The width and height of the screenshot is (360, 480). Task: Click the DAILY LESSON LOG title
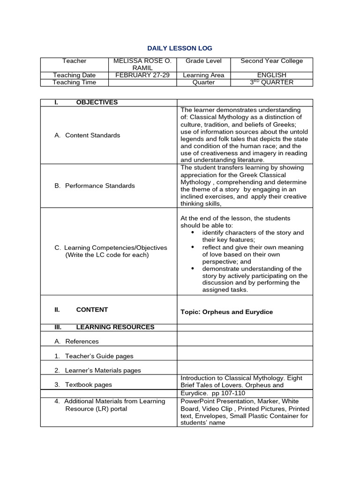[x=180, y=48]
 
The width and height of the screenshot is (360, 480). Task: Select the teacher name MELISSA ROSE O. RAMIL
[x=142, y=64]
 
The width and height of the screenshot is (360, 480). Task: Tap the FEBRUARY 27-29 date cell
[x=142, y=75]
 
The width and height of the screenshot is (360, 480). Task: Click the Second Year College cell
[x=271, y=61]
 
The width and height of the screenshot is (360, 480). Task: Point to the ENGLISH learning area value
[x=271, y=75]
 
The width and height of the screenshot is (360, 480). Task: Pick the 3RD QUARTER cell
[x=271, y=82]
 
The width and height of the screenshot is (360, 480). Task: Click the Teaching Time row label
[x=74, y=82]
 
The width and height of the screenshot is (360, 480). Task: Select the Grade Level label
[x=203, y=61]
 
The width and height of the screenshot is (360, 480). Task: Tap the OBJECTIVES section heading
[x=97, y=103]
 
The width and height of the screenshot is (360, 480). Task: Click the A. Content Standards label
[x=87, y=135]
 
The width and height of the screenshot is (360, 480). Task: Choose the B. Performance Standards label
[x=94, y=186]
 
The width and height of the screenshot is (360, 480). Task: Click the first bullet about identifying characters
[x=253, y=236]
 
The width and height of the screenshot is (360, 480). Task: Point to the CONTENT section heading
[x=92, y=310]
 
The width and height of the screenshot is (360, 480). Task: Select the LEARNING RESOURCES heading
[x=115, y=327]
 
